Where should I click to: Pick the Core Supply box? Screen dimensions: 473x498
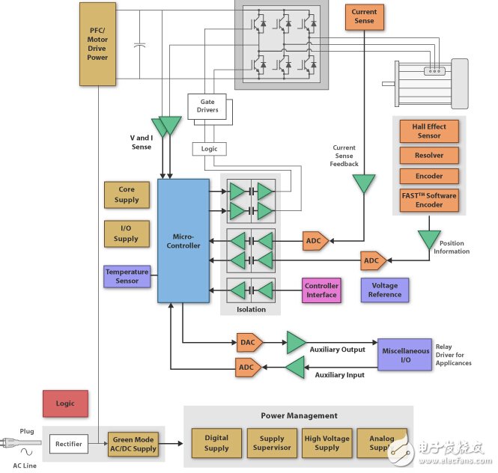tap(127, 195)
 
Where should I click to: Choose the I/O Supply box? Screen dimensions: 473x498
tap(127, 234)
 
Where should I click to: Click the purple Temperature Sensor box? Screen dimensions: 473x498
tap(127, 276)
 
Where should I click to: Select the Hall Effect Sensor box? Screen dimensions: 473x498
tap(429, 131)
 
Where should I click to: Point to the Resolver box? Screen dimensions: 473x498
tap(429, 156)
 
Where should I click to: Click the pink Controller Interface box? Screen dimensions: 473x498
tap(321, 290)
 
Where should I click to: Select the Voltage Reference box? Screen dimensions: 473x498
tap(385, 290)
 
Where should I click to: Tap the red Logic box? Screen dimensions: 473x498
tap(65, 403)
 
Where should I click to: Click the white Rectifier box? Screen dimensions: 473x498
tap(69, 444)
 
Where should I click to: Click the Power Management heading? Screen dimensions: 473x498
tap(299, 415)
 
